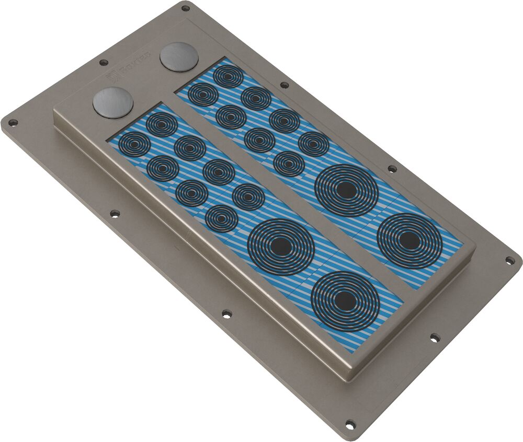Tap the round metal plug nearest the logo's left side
[113, 101]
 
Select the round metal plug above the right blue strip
[179, 56]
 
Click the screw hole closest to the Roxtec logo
[104, 62]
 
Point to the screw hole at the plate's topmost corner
[185, 8]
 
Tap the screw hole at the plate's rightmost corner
[509, 260]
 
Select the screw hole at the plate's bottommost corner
[349, 424]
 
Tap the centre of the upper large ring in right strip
[346, 190]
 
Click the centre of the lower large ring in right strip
[410, 240]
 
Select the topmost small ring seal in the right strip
[228, 76]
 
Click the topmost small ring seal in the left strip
[162, 124]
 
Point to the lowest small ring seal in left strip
[221, 218]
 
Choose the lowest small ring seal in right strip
[289, 164]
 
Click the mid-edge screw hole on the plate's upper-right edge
[392, 168]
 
